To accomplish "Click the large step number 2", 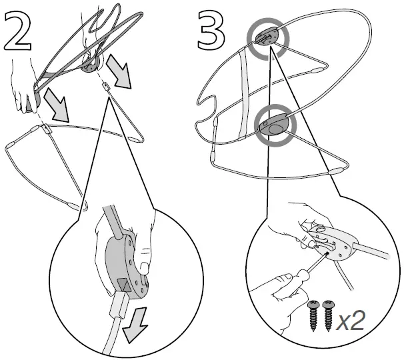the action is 17,31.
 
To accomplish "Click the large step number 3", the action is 211,31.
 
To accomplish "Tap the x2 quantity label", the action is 351,320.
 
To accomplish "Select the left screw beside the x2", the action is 313,315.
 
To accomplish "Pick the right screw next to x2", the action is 328,315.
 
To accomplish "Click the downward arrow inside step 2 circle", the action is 134,324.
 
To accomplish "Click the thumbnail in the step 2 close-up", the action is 144,268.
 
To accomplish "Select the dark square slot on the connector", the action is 123,285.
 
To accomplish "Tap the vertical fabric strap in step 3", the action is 245,92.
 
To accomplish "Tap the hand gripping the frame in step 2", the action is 25,87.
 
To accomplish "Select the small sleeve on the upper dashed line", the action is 105,86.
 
